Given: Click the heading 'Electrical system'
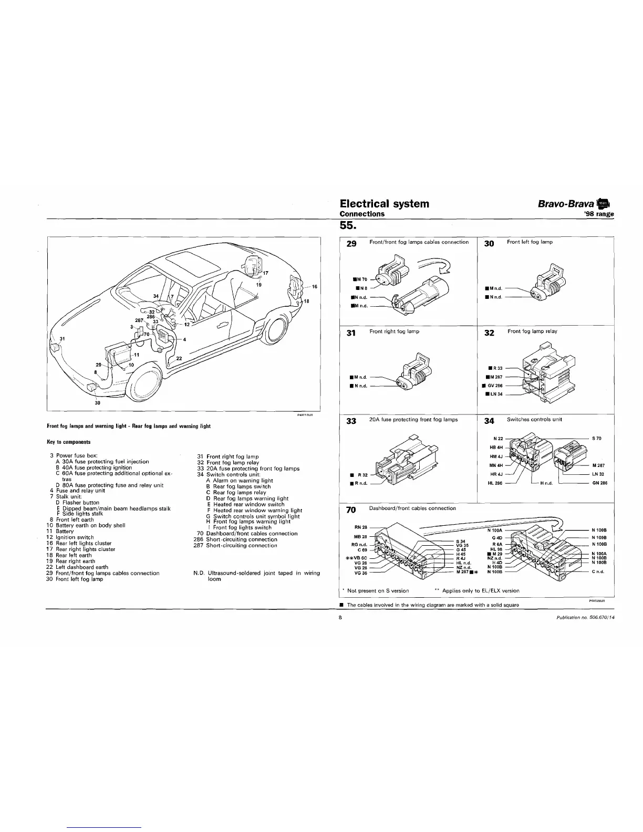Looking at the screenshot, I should (x=384, y=203).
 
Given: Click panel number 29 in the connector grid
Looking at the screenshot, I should (x=351, y=243).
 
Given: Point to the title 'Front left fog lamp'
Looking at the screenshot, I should (x=530, y=242).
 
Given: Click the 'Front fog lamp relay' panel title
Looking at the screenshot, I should (x=532, y=331).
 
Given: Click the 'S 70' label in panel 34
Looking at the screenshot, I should (x=597, y=438).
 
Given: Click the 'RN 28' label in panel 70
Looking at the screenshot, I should (x=360, y=527).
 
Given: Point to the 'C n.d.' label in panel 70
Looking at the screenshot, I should (x=598, y=571).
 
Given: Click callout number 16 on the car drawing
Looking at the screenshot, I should (x=315, y=287).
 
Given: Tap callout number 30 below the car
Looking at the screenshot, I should (x=96, y=403).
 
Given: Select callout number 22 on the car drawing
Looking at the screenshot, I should (x=179, y=358).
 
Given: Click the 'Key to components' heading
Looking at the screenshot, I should (x=69, y=442).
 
